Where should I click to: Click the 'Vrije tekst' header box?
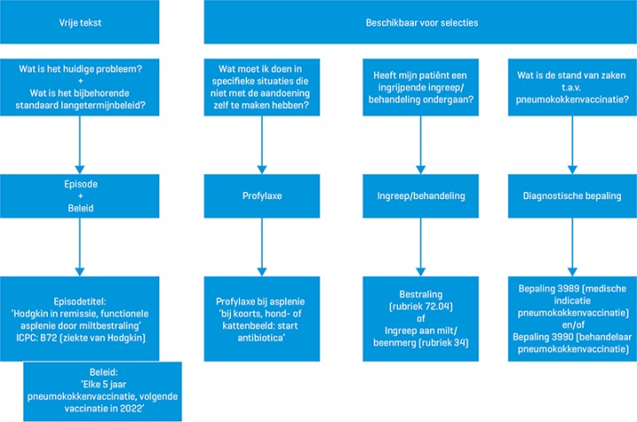pos(81,23)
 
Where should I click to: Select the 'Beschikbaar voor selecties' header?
pos(419,23)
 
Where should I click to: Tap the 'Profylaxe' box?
pos(260,196)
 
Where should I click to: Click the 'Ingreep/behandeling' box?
pos(415,196)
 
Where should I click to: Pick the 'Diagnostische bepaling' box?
pos(570,196)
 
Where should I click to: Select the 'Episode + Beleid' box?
pos(81,196)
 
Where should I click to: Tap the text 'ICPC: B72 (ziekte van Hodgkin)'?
pos(81,336)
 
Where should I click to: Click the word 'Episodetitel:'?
pos(81,299)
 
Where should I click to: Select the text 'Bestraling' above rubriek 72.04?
pos(415,293)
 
